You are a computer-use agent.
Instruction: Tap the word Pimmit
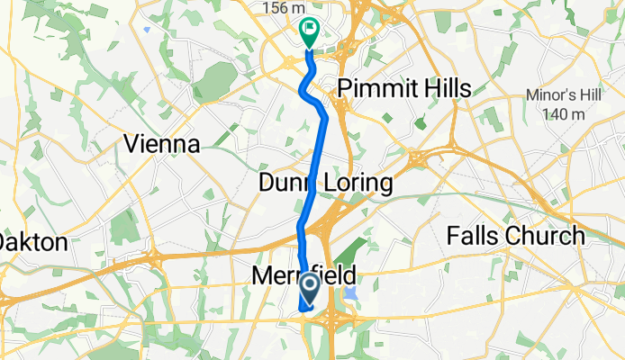tap(373, 88)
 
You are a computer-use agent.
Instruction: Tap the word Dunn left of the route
tap(282, 184)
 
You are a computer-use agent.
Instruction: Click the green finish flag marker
tap(308, 31)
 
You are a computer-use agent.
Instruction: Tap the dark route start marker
tap(309, 288)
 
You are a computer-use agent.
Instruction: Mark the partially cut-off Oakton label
tap(33, 242)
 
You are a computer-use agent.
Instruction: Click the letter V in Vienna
tap(131, 143)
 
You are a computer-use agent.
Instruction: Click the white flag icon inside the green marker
tap(310, 29)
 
